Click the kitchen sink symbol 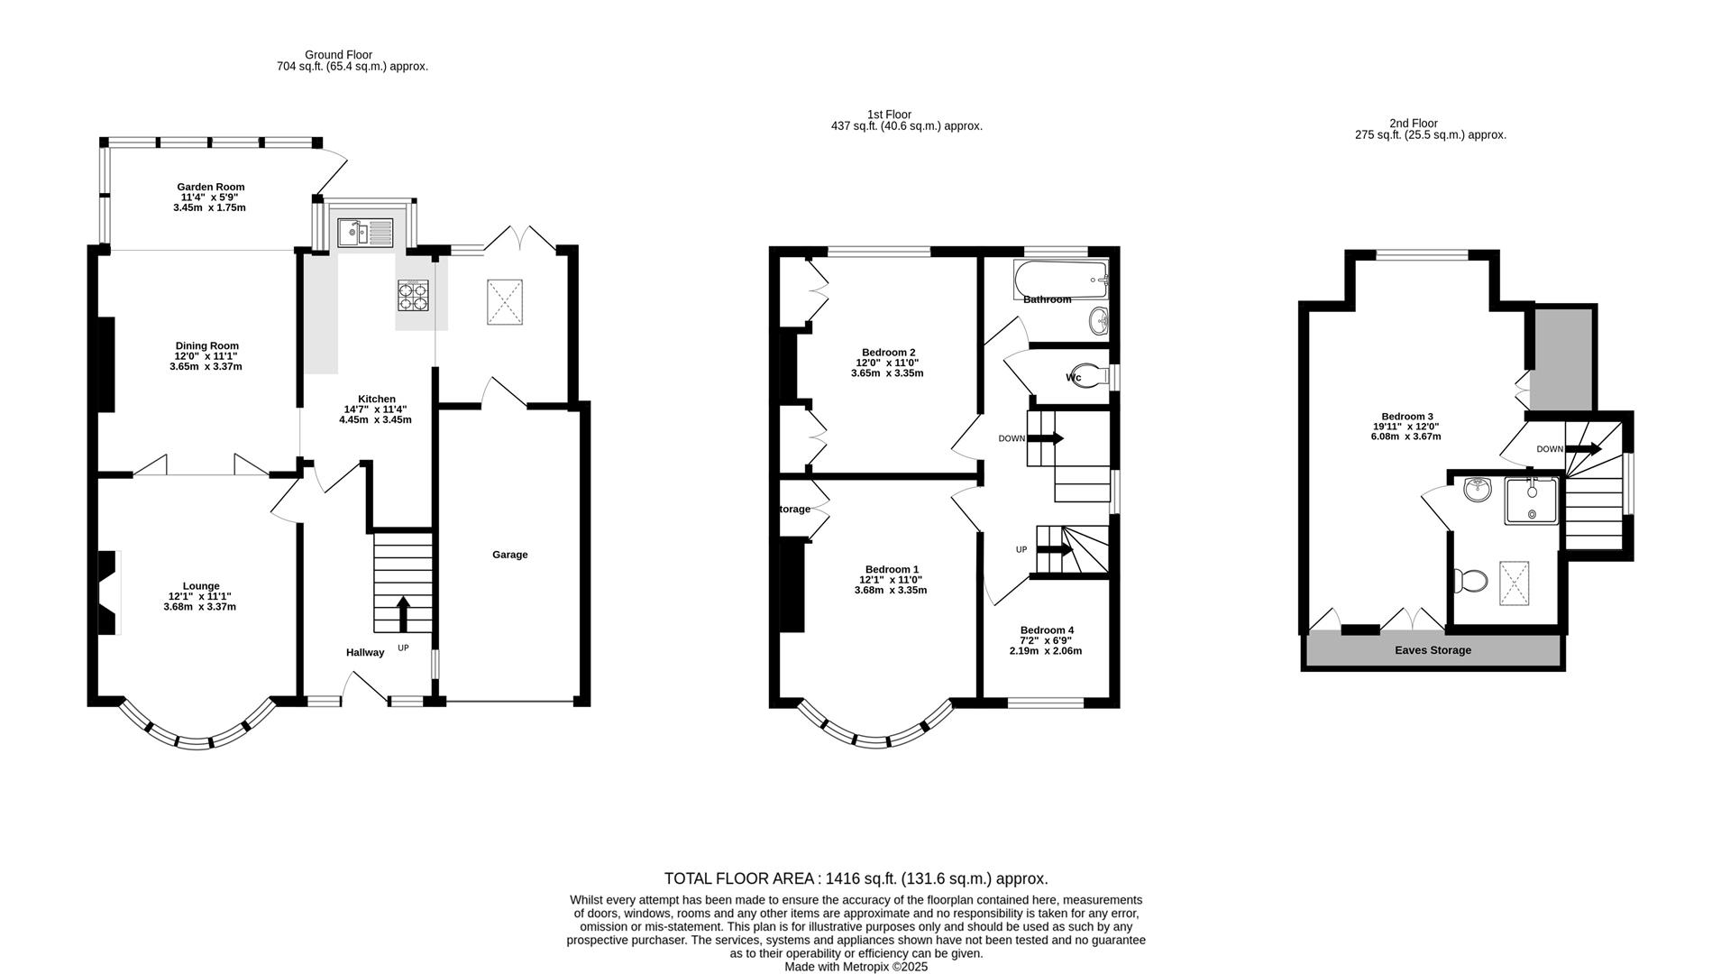pyautogui.click(x=365, y=233)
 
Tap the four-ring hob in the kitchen pyautogui.click(x=414, y=295)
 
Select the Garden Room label pyautogui.click(x=210, y=187)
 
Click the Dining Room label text pyautogui.click(x=206, y=345)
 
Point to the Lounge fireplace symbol pyautogui.click(x=108, y=593)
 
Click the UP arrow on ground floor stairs pyautogui.click(x=402, y=614)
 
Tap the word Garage pyautogui.click(x=509, y=555)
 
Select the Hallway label pyautogui.click(x=365, y=652)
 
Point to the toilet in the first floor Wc pyautogui.click(x=1091, y=376)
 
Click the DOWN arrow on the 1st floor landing pyautogui.click(x=1045, y=438)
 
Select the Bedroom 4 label pyautogui.click(x=1047, y=630)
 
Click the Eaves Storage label pyautogui.click(x=1433, y=650)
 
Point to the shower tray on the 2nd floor pyautogui.click(x=1530, y=501)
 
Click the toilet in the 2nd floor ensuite pyautogui.click(x=1470, y=581)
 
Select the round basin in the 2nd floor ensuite pyautogui.click(x=1478, y=490)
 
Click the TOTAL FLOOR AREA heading pyautogui.click(x=856, y=878)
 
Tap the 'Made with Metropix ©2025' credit pyautogui.click(x=856, y=967)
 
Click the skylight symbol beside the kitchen pyautogui.click(x=506, y=301)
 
